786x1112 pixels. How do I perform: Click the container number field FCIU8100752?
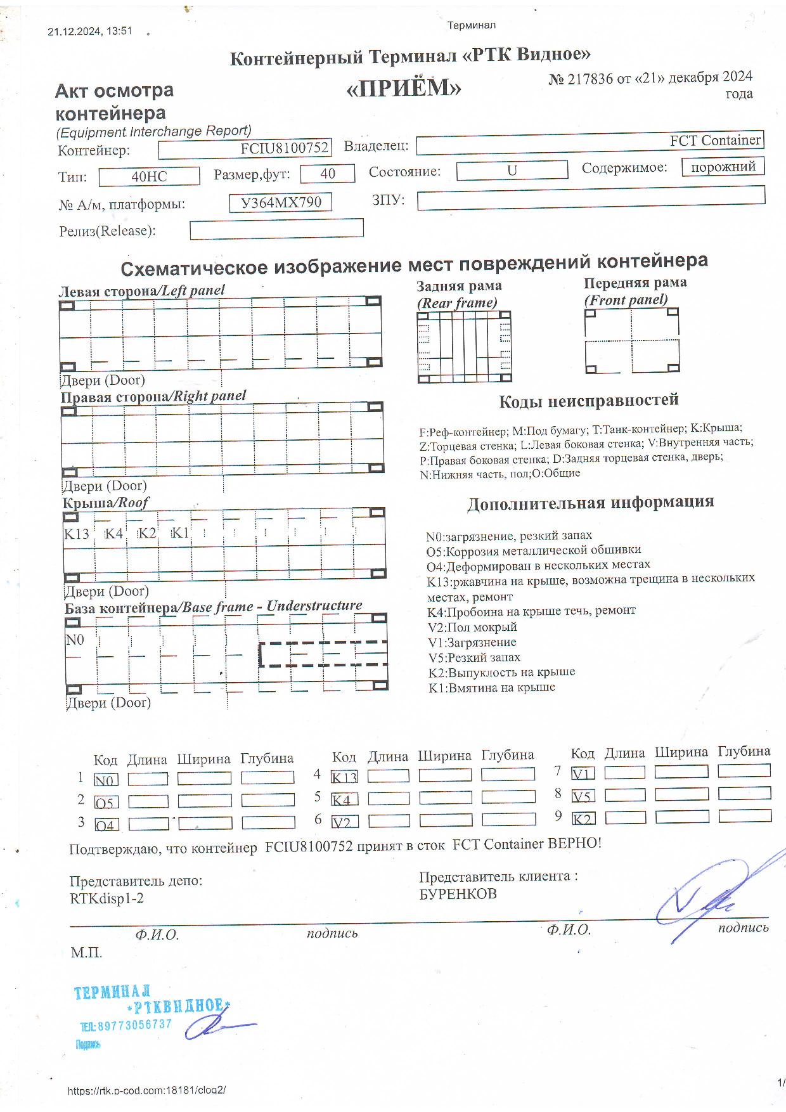[x=245, y=148]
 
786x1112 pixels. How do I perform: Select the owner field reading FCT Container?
[x=589, y=143]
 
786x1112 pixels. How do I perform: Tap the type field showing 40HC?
[x=149, y=176]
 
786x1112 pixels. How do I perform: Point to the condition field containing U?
[x=512, y=170]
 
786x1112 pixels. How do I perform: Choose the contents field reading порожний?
[x=723, y=167]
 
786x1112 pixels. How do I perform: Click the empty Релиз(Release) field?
[x=276, y=229]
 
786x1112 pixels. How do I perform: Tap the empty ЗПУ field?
[x=591, y=197]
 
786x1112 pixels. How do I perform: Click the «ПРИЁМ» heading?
[x=404, y=89]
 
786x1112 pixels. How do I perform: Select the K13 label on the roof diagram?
[x=77, y=534]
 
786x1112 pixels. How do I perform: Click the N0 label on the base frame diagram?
[x=75, y=640]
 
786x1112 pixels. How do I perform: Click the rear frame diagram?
[x=464, y=347]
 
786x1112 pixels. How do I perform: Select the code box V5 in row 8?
[x=583, y=796]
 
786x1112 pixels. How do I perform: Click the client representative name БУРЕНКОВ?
[x=458, y=894]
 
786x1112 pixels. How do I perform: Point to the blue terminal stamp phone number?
[x=126, y=1025]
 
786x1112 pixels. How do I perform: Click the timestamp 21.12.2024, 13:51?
[x=90, y=31]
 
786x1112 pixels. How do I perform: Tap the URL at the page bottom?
[x=146, y=1090]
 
